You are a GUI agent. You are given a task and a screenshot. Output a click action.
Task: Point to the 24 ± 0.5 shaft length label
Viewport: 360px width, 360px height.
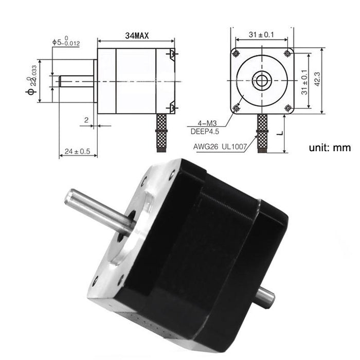coord(77,152)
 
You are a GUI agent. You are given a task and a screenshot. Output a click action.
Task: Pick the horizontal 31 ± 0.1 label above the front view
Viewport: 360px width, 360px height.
coord(262,34)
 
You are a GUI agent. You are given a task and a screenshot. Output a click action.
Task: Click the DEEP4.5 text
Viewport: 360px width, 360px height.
coord(208,132)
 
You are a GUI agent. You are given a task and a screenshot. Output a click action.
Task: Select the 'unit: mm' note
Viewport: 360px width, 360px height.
coord(330,148)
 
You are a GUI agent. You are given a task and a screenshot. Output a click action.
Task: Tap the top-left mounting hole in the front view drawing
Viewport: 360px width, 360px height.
coord(236,53)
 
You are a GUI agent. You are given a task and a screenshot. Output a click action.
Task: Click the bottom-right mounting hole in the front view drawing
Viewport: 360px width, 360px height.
coord(287,107)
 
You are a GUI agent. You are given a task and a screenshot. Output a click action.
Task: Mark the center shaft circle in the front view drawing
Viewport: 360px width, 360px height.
coord(262,80)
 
